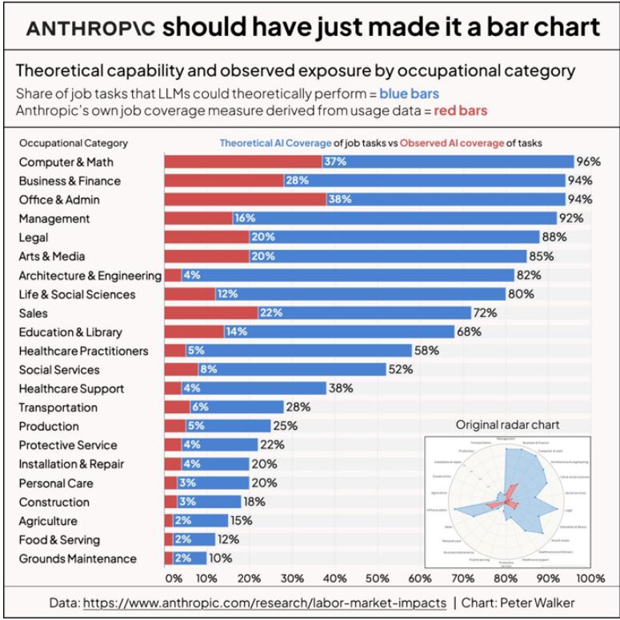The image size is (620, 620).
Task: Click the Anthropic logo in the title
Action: tap(90, 28)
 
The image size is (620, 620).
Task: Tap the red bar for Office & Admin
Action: tap(245, 200)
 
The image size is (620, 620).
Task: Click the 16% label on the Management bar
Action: tap(245, 219)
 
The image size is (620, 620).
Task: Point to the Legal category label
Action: tap(34, 237)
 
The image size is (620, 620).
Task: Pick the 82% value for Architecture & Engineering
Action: tap(528, 276)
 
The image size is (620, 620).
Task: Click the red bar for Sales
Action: tap(210, 313)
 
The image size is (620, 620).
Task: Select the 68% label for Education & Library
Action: tap(468, 332)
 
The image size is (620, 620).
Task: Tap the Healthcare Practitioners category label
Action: tap(83, 351)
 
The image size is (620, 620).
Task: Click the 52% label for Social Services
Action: tap(400, 370)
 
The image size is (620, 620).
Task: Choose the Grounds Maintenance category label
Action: tap(78, 558)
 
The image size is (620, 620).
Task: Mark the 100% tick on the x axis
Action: tap(590, 578)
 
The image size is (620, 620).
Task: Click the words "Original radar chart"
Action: tap(508, 425)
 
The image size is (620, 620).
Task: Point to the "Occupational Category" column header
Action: tap(73, 144)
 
